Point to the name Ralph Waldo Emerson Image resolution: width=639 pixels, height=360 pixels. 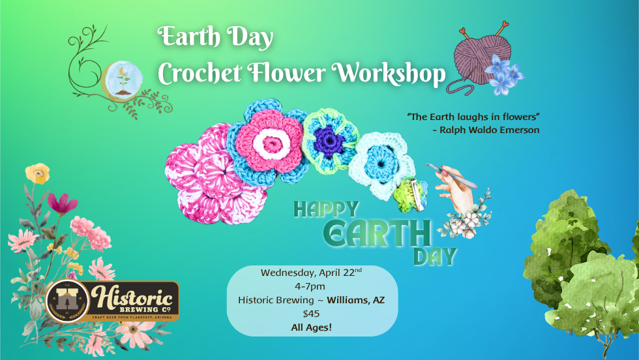[x=486, y=130]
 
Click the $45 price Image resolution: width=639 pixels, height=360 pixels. [x=311, y=313]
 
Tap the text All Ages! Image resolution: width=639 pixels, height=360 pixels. [x=311, y=327]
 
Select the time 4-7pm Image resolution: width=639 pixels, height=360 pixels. [x=310, y=286]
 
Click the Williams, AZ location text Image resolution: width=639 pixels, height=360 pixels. [x=355, y=299]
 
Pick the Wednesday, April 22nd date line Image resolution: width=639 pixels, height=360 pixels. [x=311, y=272]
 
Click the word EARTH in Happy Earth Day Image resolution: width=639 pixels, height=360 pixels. [x=378, y=232]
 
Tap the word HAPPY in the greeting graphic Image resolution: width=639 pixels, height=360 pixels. [x=325, y=209]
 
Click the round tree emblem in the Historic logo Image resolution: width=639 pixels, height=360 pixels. [x=67, y=301]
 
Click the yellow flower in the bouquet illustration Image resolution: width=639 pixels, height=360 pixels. [x=37, y=173]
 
